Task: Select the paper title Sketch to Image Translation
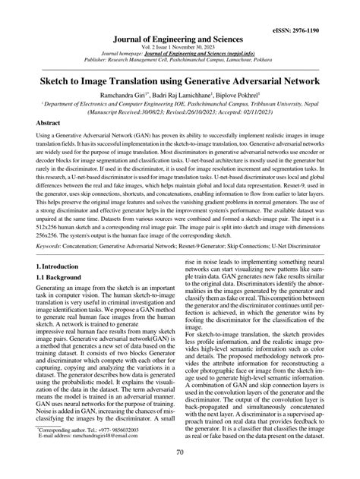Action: tap(180, 78)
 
